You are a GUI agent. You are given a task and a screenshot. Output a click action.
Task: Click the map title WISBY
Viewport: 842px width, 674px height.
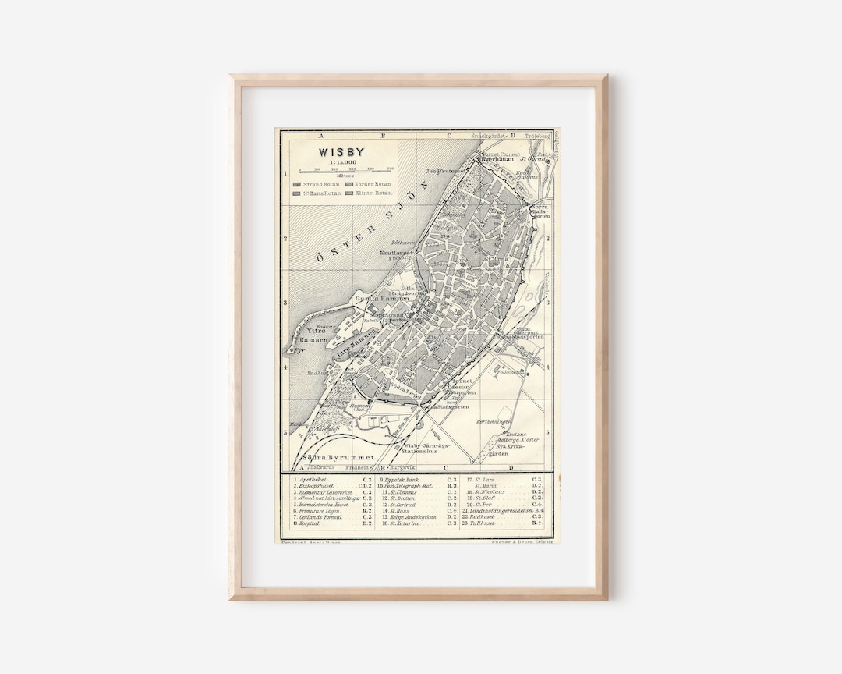(x=341, y=152)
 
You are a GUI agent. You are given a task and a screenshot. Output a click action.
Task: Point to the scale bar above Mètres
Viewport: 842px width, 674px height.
(x=342, y=168)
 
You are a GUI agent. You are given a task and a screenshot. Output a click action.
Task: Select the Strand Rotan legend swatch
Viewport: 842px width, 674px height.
(x=297, y=184)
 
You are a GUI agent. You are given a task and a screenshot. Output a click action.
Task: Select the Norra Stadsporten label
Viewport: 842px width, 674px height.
(x=540, y=210)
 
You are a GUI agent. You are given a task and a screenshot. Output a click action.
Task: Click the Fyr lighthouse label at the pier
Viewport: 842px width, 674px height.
(x=297, y=350)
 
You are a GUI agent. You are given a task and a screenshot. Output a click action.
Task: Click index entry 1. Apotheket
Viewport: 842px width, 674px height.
(x=312, y=480)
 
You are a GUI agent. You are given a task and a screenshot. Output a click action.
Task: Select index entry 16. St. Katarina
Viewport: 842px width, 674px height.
(x=400, y=523)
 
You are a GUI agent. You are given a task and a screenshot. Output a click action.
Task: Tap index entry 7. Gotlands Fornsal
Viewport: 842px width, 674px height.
(x=317, y=516)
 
